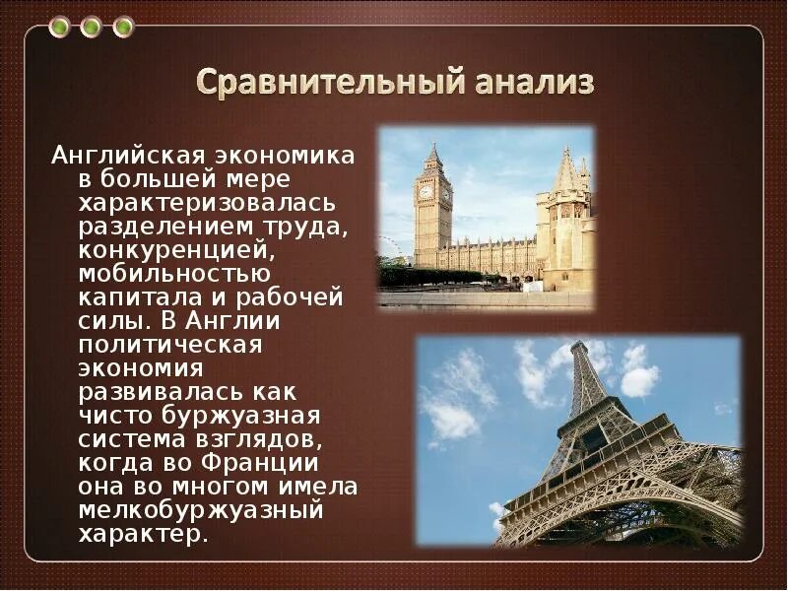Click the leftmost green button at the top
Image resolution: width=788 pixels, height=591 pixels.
[x=59, y=27]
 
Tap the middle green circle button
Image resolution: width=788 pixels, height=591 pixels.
[x=91, y=27]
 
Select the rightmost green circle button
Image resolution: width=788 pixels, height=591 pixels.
[x=123, y=27]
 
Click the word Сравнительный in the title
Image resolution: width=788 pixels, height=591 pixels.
[x=330, y=83]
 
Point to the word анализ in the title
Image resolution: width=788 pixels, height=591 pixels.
[x=534, y=84]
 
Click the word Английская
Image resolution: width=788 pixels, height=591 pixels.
[x=128, y=157]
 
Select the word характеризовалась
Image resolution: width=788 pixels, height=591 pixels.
[x=207, y=203]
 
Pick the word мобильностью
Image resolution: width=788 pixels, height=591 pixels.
[x=174, y=274]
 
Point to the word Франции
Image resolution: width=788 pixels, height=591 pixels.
[x=260, y=463]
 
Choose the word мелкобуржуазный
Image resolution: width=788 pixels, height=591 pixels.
[x=201, y=510]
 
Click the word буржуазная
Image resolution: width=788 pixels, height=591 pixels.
[x=241, y=416]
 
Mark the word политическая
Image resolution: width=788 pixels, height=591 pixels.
[x=170, y=346]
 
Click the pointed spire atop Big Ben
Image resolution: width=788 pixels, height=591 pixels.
[x=432, y=153]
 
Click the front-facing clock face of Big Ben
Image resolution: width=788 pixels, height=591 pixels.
[x=426, y=191]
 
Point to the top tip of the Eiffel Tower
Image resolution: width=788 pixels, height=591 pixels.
[x=579, y=343]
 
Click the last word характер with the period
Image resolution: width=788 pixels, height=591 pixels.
[x=143, y=534]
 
